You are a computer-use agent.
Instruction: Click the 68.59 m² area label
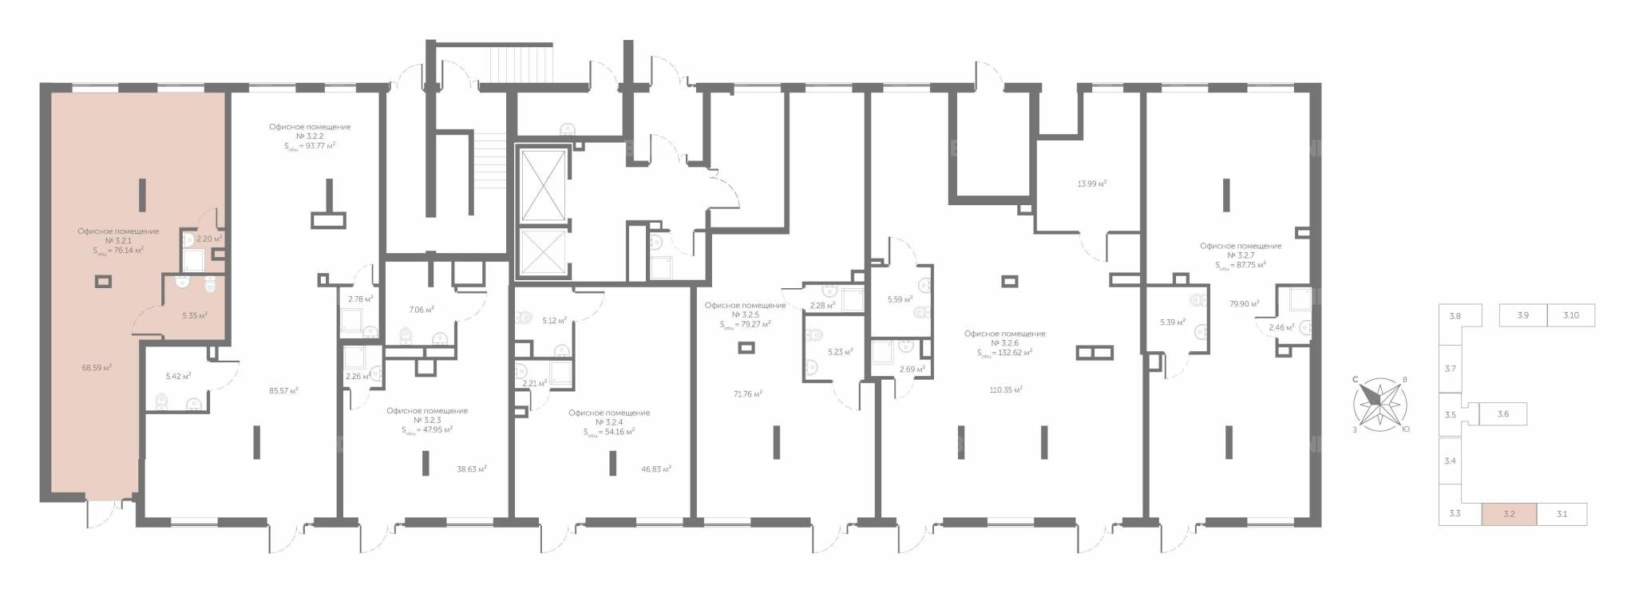pos(97,368)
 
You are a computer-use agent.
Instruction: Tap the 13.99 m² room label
pos(1092,184)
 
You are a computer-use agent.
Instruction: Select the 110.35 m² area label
pos(1006,389)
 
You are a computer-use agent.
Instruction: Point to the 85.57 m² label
pos(283,391)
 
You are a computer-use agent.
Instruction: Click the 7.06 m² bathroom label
pos(422,309)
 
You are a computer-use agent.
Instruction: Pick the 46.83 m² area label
pos(655,469)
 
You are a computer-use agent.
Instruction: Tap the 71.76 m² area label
pos(748,393)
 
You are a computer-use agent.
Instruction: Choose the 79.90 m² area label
pos(1244,303)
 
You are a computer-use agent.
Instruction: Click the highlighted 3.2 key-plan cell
pos(1509,514)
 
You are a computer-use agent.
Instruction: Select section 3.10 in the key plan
pos(1571,315)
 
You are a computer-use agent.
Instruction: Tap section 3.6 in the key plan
pos(1503,414)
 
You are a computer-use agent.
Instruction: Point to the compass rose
pos(1380,404)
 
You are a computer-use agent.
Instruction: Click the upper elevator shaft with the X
pos(544,184)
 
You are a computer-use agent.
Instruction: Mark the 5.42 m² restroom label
pos(178,376)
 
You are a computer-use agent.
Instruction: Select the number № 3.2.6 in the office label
pos(1004,343)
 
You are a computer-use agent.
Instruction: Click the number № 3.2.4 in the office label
pos(609,422)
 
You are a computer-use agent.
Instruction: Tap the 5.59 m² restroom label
pos(901,300)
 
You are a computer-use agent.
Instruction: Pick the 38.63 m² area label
pos(472,469)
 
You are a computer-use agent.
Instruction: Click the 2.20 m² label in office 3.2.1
pos(209,239)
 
